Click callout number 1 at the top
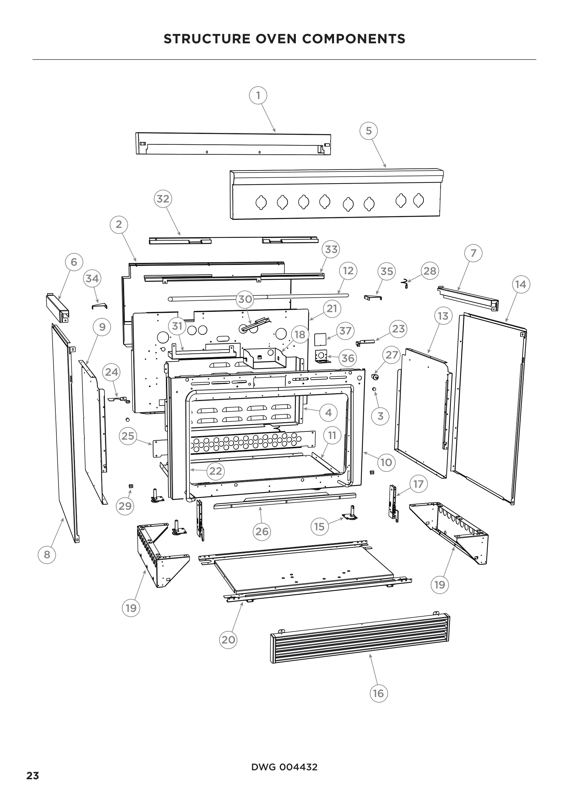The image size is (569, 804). point(258,95)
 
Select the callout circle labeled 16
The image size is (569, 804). point(378,693)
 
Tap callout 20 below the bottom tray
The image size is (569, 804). point(228,639)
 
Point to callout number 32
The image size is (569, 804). point(163,199)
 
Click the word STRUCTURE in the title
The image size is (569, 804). point(207,39)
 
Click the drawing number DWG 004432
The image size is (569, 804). point(284,767)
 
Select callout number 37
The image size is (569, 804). point(345,331)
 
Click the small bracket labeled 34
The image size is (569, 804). point(99,306)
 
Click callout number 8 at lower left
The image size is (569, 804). point(47,554)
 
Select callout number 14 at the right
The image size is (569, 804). point(520,284)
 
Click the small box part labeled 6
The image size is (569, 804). point(57,308)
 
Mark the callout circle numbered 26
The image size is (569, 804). point(262,531)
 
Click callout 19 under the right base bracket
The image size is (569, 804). point(439,584)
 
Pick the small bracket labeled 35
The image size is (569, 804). point(373,297)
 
